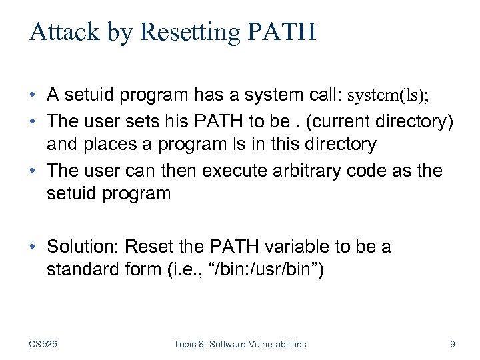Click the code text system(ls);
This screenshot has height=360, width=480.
389,95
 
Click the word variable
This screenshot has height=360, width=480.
299,247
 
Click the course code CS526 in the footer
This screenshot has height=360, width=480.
43,344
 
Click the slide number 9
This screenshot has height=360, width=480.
453,344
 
